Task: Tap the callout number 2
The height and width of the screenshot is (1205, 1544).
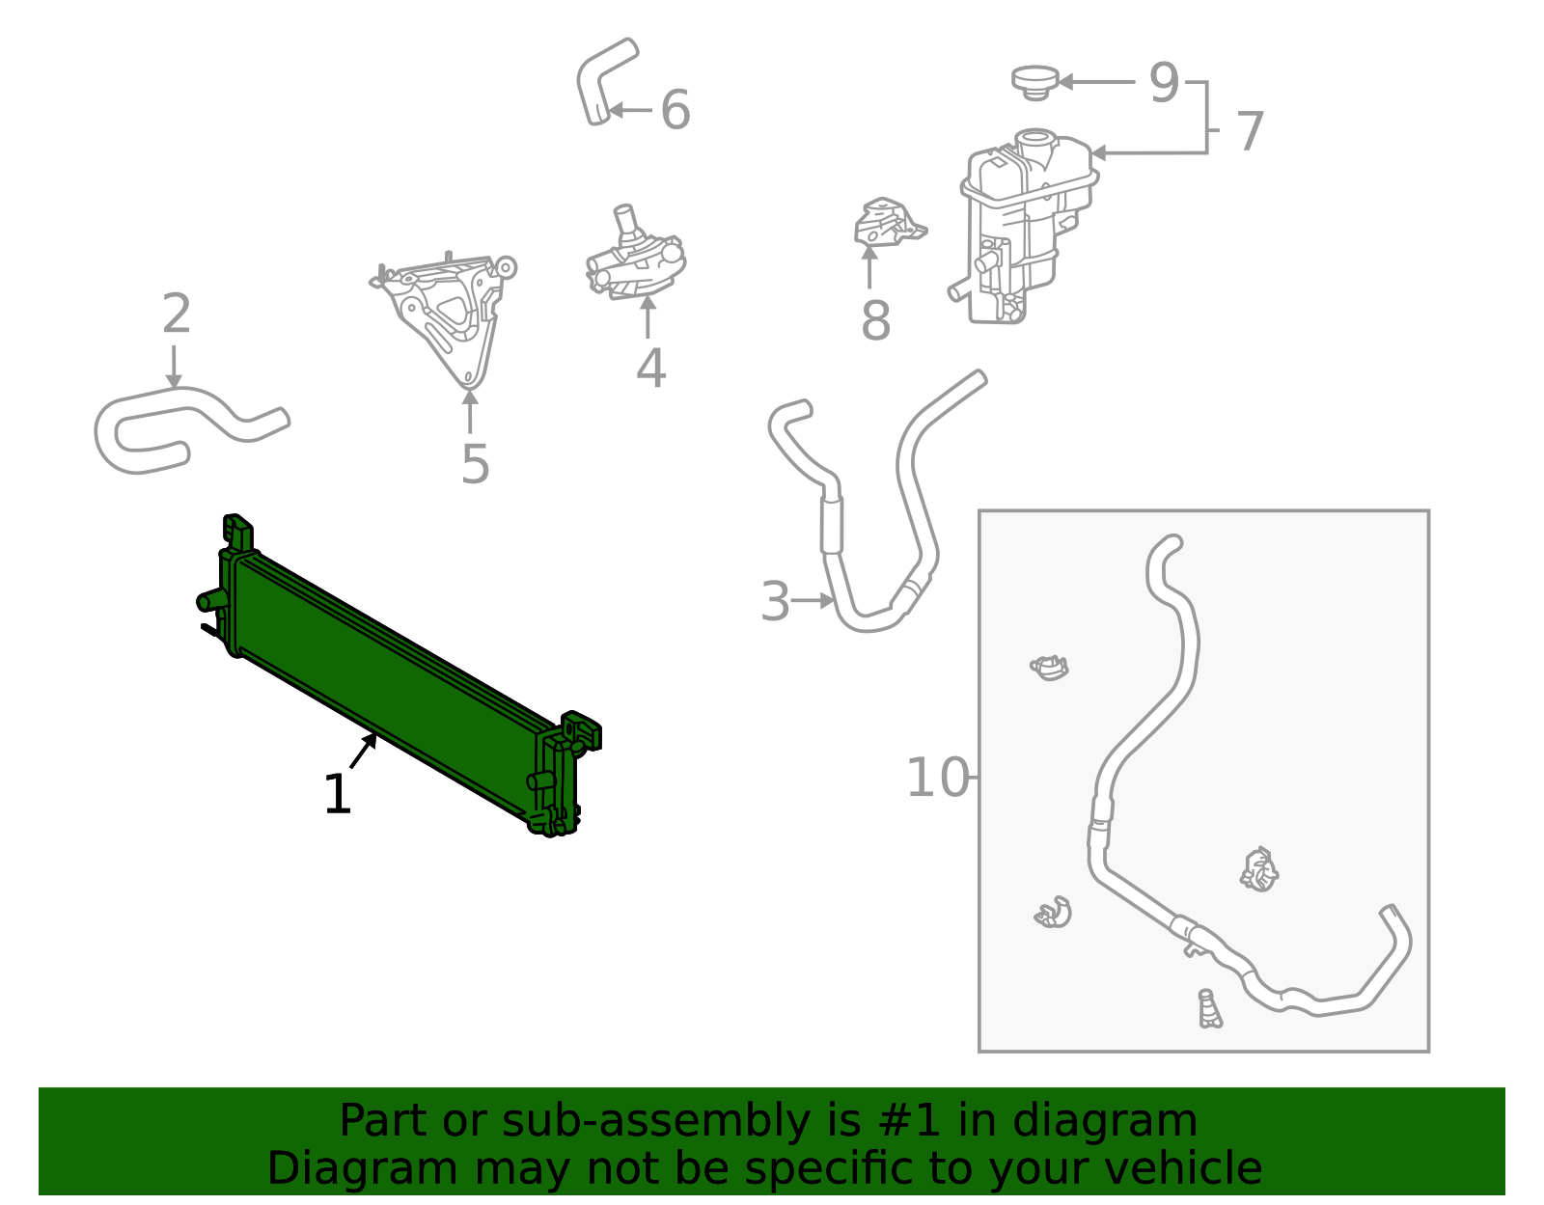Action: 177,315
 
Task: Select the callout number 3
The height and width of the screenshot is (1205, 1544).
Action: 775,602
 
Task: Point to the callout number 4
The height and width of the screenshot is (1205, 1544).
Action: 650,369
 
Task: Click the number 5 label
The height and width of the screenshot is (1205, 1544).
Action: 475,465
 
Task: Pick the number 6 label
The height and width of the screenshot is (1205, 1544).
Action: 675,110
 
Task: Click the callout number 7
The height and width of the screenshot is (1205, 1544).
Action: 1250,131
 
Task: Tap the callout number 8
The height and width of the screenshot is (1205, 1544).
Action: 875,321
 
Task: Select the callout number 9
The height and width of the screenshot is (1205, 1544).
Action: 1165,83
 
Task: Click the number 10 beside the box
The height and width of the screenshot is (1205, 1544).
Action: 937,778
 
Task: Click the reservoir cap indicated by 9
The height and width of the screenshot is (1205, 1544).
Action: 1035,80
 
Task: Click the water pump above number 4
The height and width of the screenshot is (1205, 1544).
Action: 635,259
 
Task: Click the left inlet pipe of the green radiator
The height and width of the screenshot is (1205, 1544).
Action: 209,601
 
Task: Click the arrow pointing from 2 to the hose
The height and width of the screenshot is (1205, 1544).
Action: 174,368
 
